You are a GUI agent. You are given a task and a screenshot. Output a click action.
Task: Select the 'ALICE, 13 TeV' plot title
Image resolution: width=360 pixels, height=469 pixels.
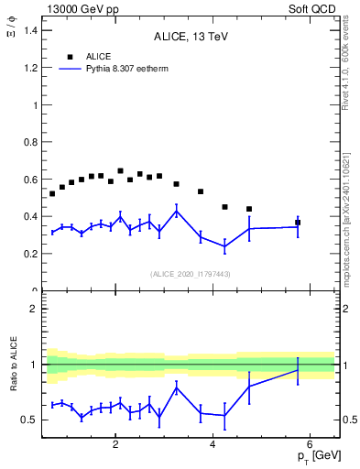(x=190, y=37)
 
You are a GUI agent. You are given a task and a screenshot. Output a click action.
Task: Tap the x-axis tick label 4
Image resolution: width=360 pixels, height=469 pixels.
(x=213, y=446)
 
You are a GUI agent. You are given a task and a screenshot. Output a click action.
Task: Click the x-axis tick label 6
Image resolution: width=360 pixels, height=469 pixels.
(x=310, y=446)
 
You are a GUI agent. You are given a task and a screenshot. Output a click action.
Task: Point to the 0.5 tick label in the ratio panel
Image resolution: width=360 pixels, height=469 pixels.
(x=29, y=420)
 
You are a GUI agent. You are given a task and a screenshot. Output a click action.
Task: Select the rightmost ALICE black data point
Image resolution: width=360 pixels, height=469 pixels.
(x=298, y=223)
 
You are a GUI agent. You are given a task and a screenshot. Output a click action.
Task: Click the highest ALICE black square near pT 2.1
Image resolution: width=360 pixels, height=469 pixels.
(x=120, y=170)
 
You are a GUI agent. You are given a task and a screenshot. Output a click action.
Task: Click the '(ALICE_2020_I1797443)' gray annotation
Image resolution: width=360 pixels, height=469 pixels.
(x=190, y=274)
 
